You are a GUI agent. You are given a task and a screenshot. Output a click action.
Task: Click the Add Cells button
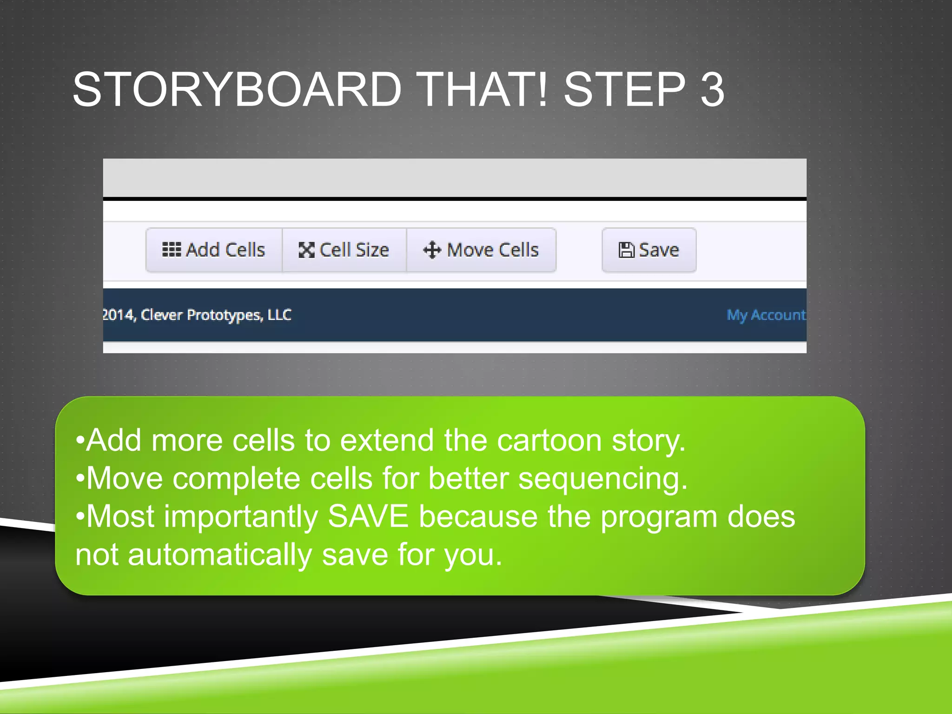tap(214, 250)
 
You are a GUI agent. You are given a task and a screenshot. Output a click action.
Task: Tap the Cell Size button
tap(344, 250)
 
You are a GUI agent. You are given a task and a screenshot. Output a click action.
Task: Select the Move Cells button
tap(481, 250)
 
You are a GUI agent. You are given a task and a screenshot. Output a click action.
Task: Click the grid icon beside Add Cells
tap(171, 250)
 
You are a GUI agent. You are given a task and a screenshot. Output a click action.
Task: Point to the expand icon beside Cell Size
tap(306, 250)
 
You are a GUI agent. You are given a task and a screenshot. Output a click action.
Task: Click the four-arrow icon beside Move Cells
tap(432, 250)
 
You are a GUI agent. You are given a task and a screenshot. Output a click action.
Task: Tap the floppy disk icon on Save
tap(626, 250)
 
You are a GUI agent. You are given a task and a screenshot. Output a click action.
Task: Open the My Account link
tap(766, 315)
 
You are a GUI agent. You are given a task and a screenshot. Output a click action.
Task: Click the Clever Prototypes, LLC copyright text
tap(198, 315)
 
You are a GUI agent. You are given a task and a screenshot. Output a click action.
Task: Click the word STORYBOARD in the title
tap(237, 89)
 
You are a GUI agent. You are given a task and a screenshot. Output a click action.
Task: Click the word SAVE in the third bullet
tap(368, 516)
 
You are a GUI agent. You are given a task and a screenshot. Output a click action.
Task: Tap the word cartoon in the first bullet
tap(549, 440)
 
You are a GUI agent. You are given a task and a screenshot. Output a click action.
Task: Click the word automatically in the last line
tap(219, 555)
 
